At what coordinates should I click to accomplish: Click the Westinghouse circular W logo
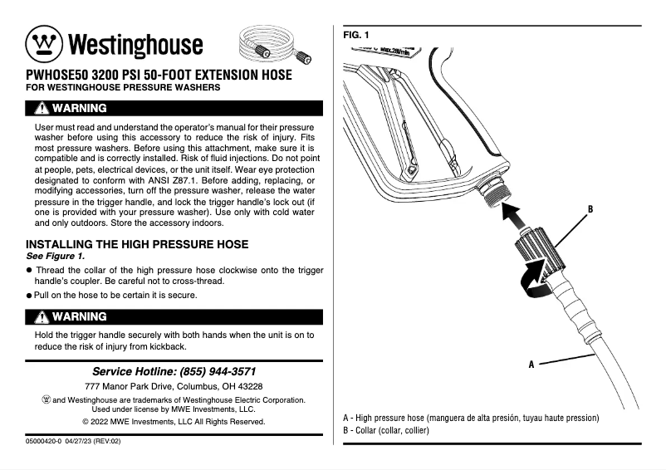[x=43, y=43]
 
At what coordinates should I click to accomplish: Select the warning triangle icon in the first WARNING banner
[x=41, y=108]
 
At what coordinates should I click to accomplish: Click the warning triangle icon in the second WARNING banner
[x=41, y=316]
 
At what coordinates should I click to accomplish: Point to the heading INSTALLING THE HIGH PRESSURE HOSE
[x=137, y=244]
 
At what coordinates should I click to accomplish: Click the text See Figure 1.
[x=55, y=256]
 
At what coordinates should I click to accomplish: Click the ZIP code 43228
[x=247, y=387]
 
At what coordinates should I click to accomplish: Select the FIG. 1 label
[x=356, y=35]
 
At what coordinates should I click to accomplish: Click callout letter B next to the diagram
[x=590, y=210]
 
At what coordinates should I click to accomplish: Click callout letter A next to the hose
[x=531, y=364]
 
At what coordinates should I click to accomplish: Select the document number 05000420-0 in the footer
[x=49, y=442]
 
